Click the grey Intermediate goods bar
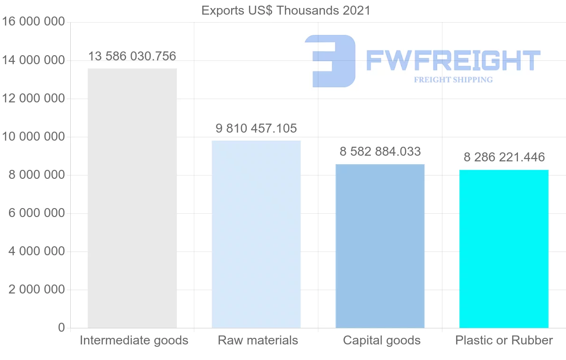tap(132, 198)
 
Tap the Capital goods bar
tap(380, 246)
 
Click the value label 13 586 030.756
tap(132, 57)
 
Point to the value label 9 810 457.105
tap(256, 128)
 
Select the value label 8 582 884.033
tap(380, 152)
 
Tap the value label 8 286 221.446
tap(504, 157)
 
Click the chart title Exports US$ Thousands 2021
tap(286, 10)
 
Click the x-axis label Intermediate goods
tap(134, 340)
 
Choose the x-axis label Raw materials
tap(258, 340)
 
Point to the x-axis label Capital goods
tap(382, 340)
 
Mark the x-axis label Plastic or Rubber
tap(504, 340)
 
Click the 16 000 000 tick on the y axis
tap(33, 22)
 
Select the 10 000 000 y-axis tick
tap(33, 137)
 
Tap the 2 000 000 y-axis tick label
tap(36, 290)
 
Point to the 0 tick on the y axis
tap(61, 327)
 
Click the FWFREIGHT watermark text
tap(453, 60)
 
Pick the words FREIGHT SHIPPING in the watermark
tap(453, 80)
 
